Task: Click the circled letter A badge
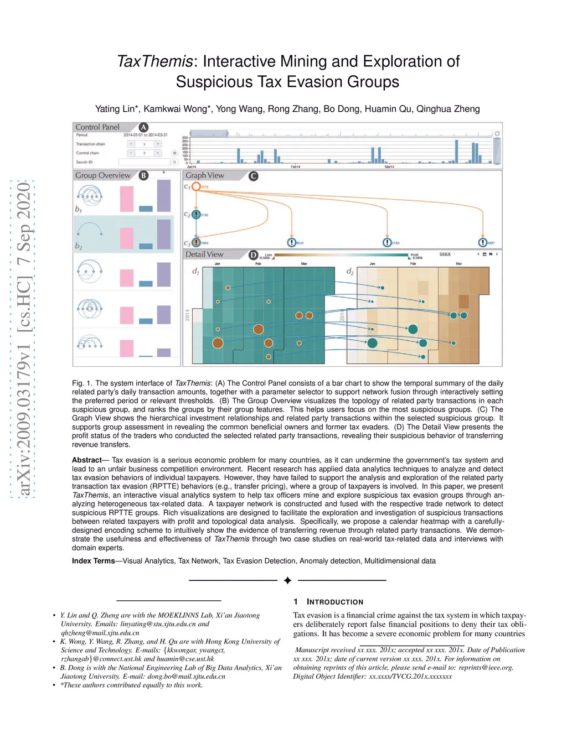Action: tap(143, 127)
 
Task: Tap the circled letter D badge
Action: tap(253, 255)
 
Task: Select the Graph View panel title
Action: tap(205, 175)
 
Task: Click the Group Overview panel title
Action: tap(103, 175)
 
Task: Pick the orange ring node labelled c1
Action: tap(196, 186)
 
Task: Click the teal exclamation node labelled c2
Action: tap(196, 215)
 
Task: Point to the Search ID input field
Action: tap(144, 162)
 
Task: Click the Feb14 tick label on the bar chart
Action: tap(295, 167)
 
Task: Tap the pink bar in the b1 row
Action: tap(127, 199)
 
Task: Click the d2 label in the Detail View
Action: tap(350, 271)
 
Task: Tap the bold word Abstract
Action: tap(87, 460)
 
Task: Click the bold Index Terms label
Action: tap(93, 561)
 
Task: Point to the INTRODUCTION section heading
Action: tap(334, 602)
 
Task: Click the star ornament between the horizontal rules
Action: tap(287, 580)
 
